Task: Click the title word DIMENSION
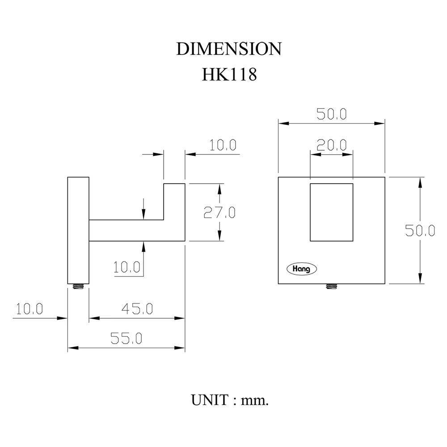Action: point(229,49)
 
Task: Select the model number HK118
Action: point(229,74)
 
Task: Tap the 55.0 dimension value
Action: point(127,339)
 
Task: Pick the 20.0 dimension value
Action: point(332,145)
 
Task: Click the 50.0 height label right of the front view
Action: point(420,230)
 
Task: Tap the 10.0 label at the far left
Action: point(29,309)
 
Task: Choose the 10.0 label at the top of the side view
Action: point(222,145)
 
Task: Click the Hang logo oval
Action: point(301,269)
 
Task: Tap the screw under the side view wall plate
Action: point(79,287)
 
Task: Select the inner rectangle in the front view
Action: point(332,212)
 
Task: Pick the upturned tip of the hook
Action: point(174,201)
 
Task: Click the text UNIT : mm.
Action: point(230,399)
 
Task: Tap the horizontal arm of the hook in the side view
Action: point(127,231)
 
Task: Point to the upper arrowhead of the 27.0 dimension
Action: point(219,189)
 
